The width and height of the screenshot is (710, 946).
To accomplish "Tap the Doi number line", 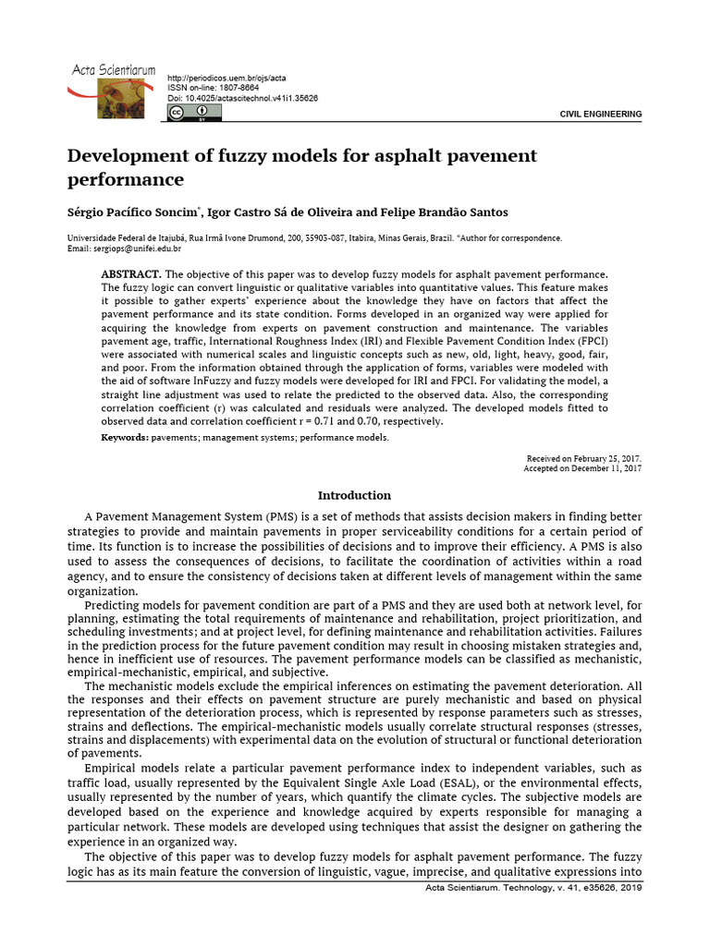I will click(242, 98).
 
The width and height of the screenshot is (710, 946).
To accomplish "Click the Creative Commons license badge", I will click(188, 113).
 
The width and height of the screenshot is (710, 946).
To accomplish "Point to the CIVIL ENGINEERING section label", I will click(601, 114).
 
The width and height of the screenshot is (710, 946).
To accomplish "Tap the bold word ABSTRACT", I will click(130, 275).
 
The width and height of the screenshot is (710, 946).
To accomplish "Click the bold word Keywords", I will click(124, 437).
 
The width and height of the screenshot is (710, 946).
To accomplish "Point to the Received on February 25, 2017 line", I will click(583, 458).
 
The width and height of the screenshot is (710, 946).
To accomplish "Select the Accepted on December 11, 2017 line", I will click(582, 468).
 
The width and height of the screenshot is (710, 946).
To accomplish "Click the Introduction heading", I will click(354, 495).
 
